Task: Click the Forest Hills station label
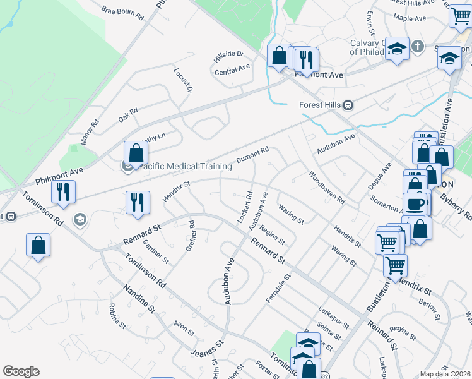(x=319, y=105)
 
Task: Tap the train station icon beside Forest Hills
(x=348, y=105)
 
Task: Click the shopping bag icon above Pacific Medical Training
(x=136, y=153)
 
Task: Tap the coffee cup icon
(x=415, y=204)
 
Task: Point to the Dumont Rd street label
(x=252, y=155)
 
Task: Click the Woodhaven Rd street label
(x=326, y=187)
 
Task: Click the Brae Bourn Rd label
(x=122, y=12)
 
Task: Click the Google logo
(x=21, y=371)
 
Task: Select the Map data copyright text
(x=445, y=374)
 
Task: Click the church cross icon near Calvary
(x=417, y=46)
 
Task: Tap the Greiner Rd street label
(x=190, y=236)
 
